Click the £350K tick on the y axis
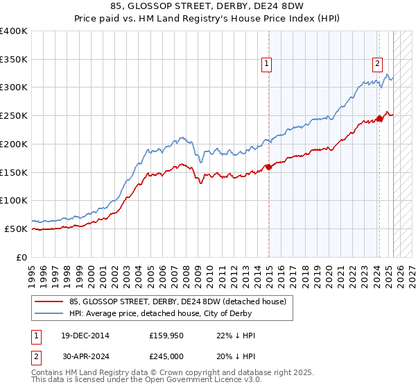14,59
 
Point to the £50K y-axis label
16,229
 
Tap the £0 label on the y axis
21,257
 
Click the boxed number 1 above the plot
266,64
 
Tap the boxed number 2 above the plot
377,64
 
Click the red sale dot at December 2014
269,167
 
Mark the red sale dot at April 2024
380,118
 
